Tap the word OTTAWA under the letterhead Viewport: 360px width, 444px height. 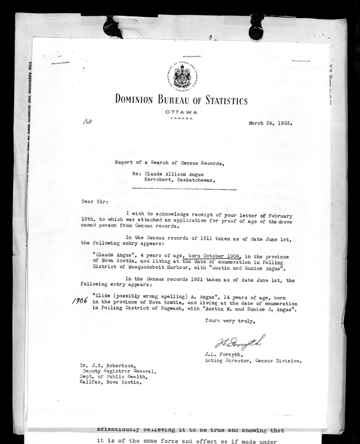[181, 112]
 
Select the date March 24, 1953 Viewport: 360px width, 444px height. [270, 123]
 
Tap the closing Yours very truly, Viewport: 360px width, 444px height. [230, 320]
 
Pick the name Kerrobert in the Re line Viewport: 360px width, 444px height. [158, 180]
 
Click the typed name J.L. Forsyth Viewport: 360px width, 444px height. [222, 354]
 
